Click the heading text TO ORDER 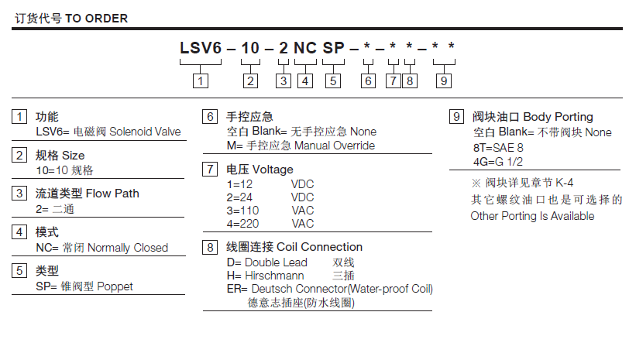point(96,18)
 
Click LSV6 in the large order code point(201,49)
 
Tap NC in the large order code point(304,49)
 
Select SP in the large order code point(333,49)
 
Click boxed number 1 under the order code point(201,80)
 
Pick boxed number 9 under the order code point(444,80)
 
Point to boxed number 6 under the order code point(369,80)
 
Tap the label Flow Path point(112,193)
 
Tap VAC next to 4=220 point(303,224)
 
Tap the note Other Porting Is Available point(532,216)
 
